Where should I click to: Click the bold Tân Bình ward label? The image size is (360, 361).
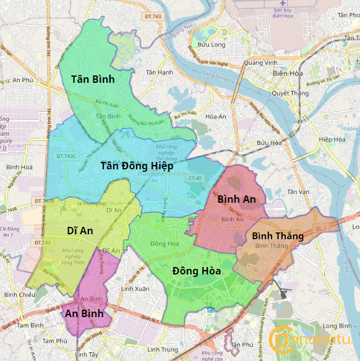click(93, 79)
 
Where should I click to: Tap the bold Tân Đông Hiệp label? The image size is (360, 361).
click(137, 166)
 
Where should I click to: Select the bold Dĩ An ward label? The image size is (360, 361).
click(80, 231)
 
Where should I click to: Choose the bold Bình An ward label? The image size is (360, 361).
click(236, 199)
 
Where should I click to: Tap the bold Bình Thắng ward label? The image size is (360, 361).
click(278, 236)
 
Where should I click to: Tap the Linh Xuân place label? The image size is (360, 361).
click(135, 289)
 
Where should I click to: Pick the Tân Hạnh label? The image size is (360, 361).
click(159, 72)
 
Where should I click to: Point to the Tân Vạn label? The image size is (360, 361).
click(298, 192)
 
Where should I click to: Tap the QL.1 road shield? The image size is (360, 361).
click(320, 228)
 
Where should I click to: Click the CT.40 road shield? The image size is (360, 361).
click(195, 179)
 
